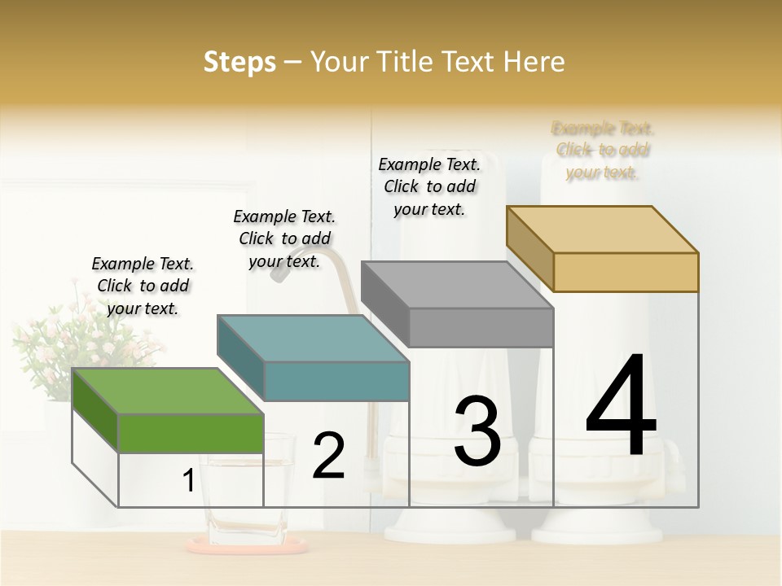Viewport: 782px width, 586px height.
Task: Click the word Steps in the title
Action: point(239,62)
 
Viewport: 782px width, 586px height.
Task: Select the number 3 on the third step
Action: point(477,431)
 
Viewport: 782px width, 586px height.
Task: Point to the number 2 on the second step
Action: point(328,456)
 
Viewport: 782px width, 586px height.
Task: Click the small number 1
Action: point(188,481)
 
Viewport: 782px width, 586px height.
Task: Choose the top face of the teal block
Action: point(313,338)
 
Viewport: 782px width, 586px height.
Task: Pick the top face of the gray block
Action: point(457,285)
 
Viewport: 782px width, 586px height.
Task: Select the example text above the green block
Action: point(143,286)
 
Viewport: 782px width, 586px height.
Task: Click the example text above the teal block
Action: point(284,238)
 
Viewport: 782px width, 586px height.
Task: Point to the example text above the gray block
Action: point(429,186)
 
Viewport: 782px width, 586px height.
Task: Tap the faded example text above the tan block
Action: point(603,150)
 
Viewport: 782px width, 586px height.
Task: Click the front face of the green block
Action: point(191,432)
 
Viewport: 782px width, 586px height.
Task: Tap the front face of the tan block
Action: point(626,272)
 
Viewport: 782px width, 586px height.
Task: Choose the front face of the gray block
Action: point(481,327)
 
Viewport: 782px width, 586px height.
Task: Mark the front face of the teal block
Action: point(336,381)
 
